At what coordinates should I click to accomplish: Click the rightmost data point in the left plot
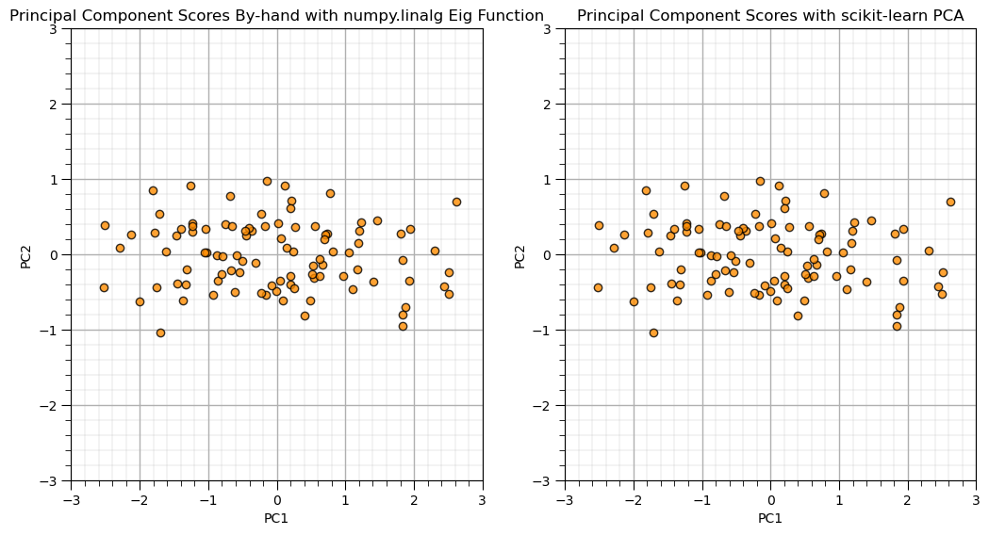click(x=456, y=202)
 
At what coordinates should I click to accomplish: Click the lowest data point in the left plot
click(x=160, y=332)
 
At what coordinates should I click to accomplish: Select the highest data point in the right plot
click(x=760, y=181)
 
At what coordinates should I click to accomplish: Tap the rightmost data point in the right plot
click(x=950, y=202)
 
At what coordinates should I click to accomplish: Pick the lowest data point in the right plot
click(x=653, y=332)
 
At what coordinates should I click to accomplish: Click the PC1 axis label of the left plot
click(x=276, y=518)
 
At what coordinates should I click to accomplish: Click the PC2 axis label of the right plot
click(x=519, y=255)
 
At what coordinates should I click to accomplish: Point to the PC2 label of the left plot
click(x=25, y=255)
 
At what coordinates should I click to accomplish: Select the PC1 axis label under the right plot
click(x=770, y=518)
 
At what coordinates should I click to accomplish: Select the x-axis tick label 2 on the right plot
click(x=908, y=498)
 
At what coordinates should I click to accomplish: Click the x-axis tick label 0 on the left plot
click(x=276, y=498)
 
